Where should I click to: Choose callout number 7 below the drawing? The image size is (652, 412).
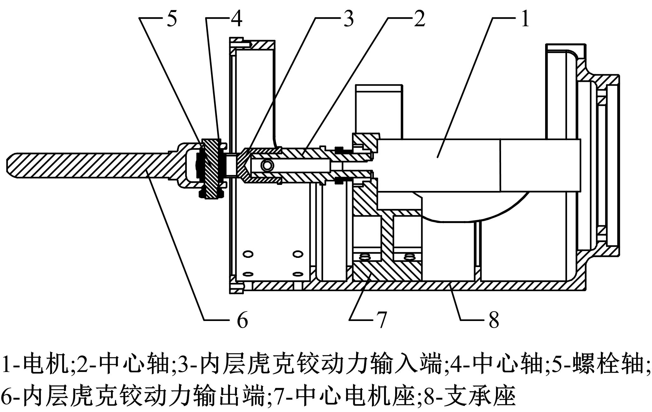pos(381,320)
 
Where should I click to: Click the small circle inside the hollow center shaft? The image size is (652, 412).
pos(267,165)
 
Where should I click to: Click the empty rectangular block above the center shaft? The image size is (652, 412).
pos(379,111)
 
